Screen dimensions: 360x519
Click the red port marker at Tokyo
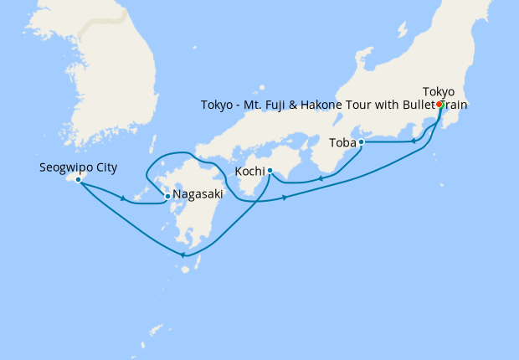[x=440, y=105]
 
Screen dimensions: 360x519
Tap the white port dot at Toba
[x=361, y=142]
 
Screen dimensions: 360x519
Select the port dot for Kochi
[x=270, y=171]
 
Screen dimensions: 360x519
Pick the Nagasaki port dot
[x=167, y=197]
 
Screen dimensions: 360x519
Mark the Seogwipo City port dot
[x=78, y=180]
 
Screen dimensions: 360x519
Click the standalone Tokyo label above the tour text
[x=439, y=91]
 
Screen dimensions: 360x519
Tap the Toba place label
[x=341, y=143]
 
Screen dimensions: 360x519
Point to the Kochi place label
[x=250, y=172]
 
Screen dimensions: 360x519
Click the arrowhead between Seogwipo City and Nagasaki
[x=124, y=198]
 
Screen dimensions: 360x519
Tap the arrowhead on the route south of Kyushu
[x=182, y=255]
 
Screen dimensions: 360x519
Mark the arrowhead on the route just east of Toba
[x=414, y=141]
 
